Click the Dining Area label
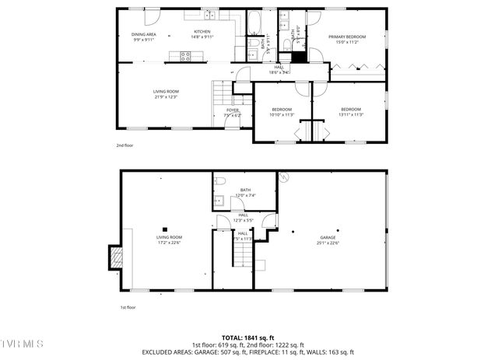[x=143, y=36]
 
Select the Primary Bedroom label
[x=346, y=38]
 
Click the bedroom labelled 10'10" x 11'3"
[x=281, y=111]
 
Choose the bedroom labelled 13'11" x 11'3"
[x=350, y=111]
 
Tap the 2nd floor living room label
[x=165, y=94]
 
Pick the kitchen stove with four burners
[x=186, y=55]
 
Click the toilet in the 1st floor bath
[x=220, y=181]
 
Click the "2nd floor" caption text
[x=124, y=145]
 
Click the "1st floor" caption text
[x=128, y=307]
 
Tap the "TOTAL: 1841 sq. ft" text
[x=248, y=337]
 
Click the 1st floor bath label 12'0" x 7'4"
[x=245, y=193]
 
